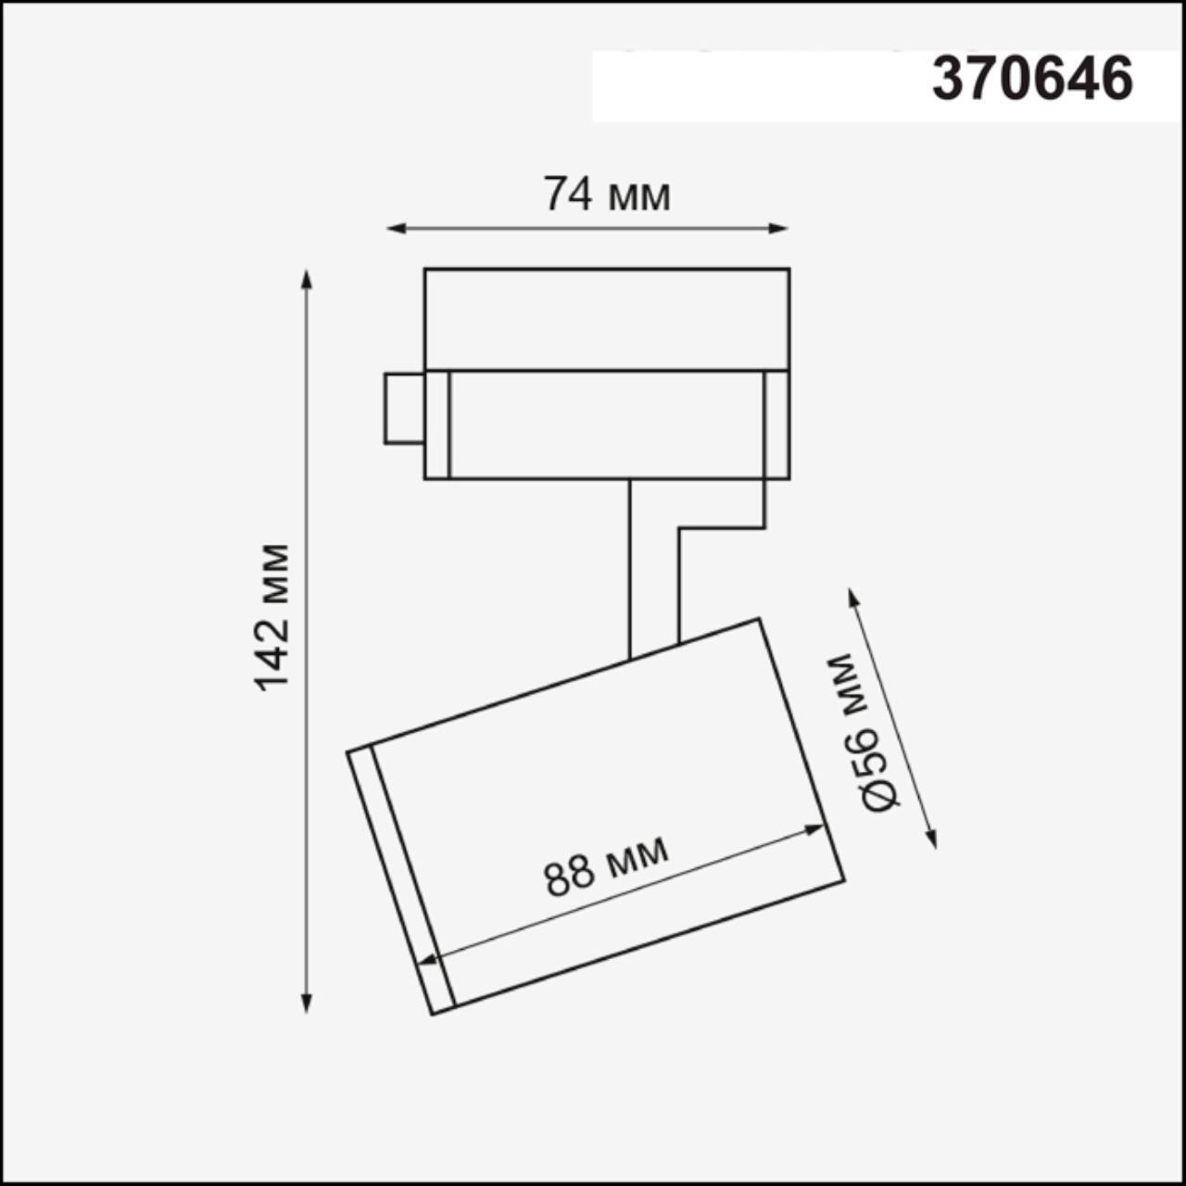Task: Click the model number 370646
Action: coord(1032,79)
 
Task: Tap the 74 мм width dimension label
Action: coord(607,196)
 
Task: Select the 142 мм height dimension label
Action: coord(272,617)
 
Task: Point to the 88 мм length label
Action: coord(607,865)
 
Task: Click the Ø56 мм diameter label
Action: coord(865,733)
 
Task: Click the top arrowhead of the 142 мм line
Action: coord(307,278)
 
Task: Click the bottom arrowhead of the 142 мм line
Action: coord(307,1004)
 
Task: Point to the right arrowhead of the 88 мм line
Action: coord(815,830)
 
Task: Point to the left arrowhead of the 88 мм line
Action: coord(426,961)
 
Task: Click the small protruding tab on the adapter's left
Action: coord(404,408)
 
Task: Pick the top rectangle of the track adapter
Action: coord(607,320)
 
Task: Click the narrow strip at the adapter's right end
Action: coord(776,424)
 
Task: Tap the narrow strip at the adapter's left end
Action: coord(437,424)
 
